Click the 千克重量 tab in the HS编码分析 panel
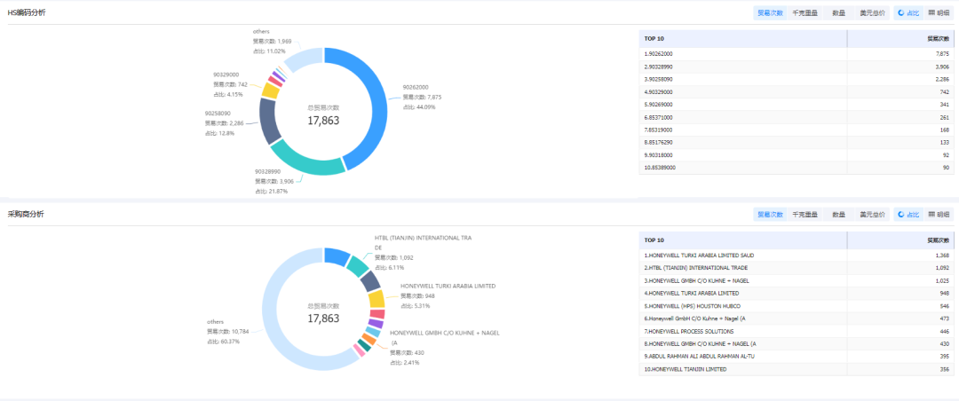(x=805, y=13)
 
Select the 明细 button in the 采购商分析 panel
(x=939, y=215)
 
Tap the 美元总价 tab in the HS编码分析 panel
(x=872, y=13)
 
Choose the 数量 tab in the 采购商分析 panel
(x=838, y=215)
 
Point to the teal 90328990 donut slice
(x=306, y=157)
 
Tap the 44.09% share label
(x=418, y=106)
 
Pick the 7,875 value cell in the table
(x=941, y=54)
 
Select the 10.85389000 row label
(x=661, y=168)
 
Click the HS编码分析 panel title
(x=27, y=13)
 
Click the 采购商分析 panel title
(x=26, y=215)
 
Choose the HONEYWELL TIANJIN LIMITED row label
(x=686, y=369)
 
